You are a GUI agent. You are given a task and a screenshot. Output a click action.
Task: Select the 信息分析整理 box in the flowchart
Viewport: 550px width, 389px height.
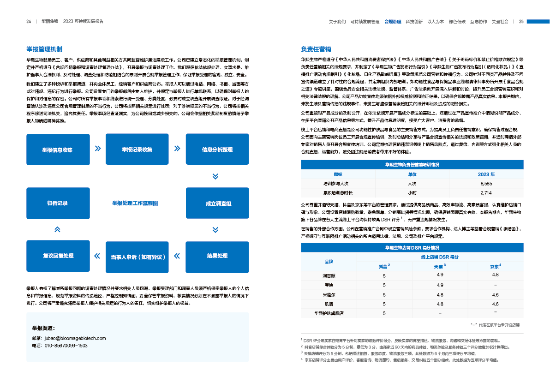(217, 150)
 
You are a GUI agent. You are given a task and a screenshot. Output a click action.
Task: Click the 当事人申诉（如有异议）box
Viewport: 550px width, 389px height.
(137, 257)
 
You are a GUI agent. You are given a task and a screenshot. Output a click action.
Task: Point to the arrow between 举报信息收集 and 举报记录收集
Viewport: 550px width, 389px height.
(97, 149)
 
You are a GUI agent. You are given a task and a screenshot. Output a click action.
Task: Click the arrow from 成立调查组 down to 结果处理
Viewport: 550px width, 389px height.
(215, 229)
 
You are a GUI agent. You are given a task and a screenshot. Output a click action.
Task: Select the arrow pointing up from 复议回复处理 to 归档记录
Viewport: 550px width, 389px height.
(57, 229)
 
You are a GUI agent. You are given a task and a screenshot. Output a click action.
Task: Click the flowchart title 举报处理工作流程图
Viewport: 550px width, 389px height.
(135, 203)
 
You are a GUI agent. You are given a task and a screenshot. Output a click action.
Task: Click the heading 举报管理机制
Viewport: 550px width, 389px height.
(44, 49)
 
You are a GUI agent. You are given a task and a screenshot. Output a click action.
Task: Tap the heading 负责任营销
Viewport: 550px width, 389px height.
(316, 49)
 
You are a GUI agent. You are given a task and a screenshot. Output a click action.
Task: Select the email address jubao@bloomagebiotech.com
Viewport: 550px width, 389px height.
(75, 338)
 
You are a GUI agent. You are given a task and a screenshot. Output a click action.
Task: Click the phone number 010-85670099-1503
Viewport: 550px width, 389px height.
(66, 345)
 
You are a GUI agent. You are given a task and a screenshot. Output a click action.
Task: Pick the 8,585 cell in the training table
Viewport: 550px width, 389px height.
(486, 184)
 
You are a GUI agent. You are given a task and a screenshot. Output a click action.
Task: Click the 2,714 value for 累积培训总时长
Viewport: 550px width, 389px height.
(486, 192)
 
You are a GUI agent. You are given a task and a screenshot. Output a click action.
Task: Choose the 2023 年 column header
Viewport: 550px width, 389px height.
(486, 174)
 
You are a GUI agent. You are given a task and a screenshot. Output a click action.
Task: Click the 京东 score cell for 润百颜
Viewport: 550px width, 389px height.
(495, 275)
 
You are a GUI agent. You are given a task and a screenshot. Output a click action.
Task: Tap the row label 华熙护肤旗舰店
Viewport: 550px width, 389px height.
(329, 313)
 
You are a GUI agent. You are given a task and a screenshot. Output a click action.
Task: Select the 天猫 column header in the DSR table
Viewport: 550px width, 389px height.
(439, 266)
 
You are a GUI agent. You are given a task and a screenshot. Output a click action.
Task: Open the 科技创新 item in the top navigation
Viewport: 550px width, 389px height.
(414, 22)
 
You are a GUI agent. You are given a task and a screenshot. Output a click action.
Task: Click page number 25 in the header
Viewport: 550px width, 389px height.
(521, 22)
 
